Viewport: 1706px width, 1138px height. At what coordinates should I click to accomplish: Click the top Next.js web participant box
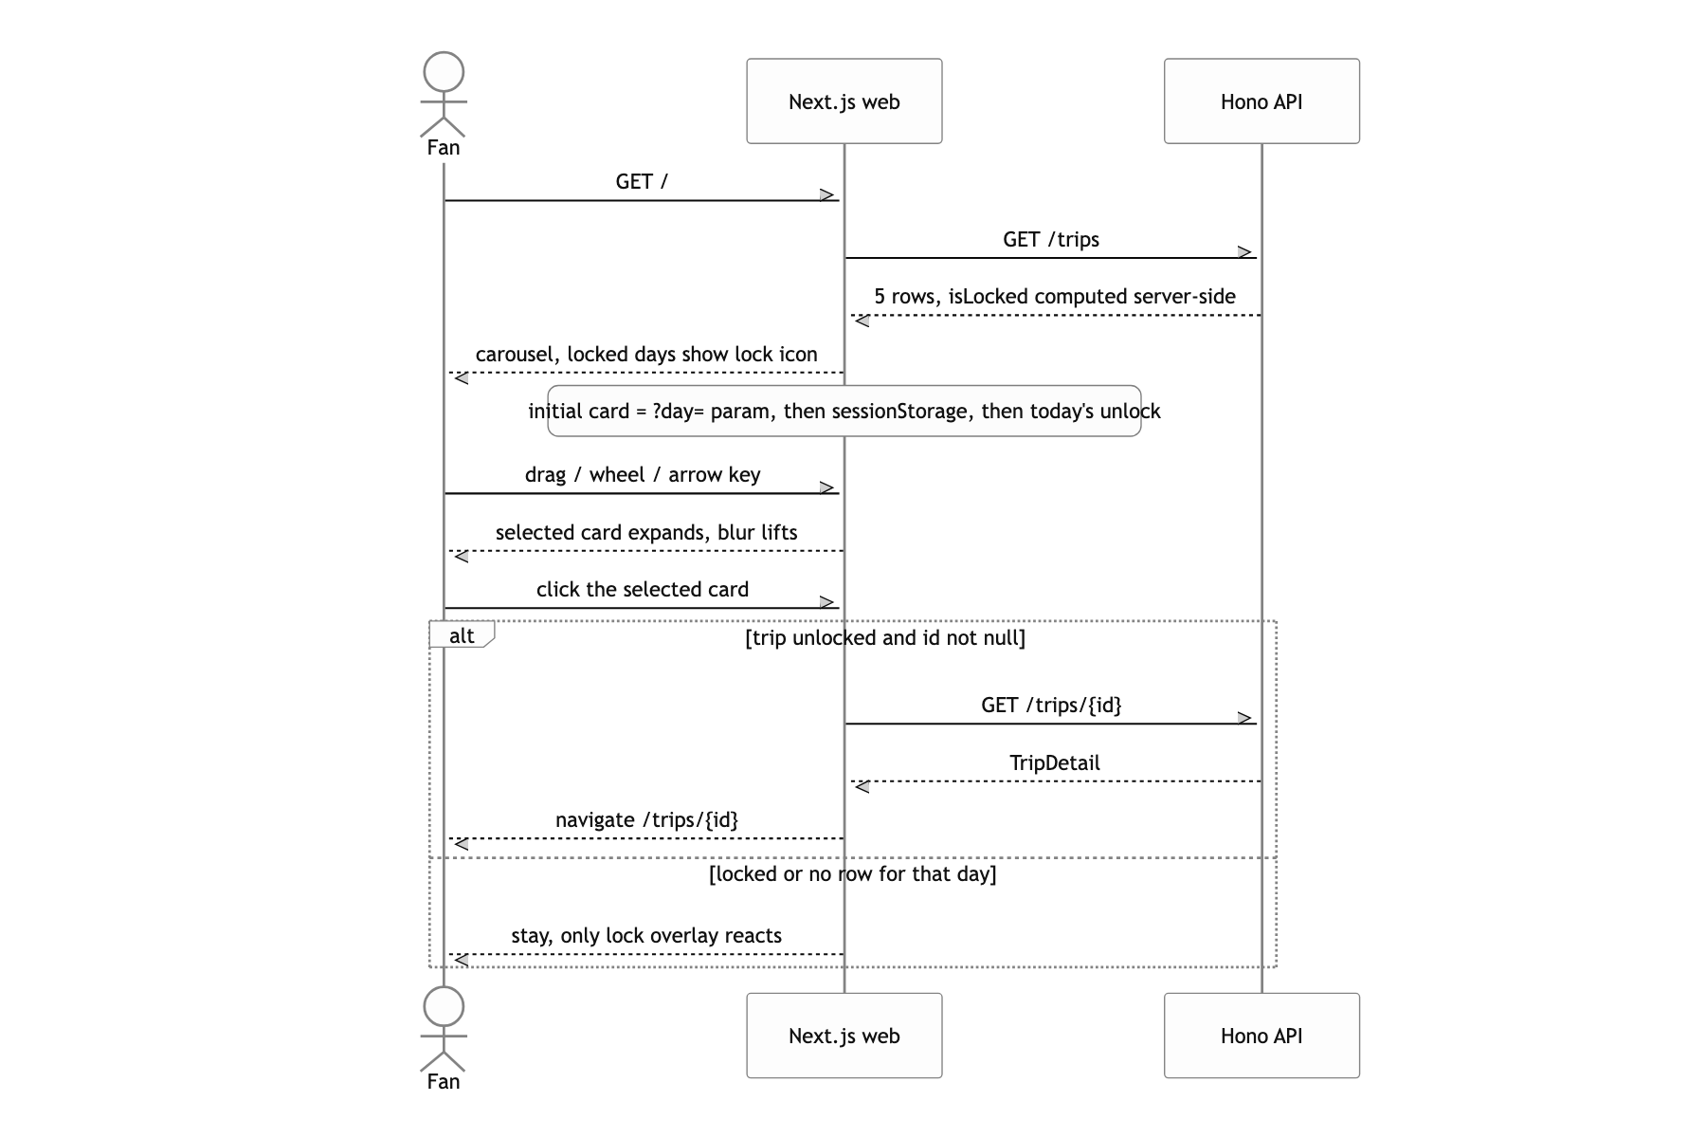point(844,101)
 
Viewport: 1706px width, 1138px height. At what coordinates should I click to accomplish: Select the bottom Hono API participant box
point(1261,1036)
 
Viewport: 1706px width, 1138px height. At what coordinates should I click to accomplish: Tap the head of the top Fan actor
point(444,72)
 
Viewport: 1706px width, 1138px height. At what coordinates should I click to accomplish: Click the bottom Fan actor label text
point(444,1082)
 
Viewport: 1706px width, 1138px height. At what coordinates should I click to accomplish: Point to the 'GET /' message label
point(642,182)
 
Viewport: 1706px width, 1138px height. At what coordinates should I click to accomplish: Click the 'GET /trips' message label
point(1051,240)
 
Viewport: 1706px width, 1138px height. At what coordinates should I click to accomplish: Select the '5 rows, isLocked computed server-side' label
point(1055,297)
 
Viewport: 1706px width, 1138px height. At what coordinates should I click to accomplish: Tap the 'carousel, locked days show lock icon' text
point(646,355)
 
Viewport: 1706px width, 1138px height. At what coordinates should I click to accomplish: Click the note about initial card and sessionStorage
point(844,411)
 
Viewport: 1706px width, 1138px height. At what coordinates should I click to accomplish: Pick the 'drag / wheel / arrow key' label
point(643,475)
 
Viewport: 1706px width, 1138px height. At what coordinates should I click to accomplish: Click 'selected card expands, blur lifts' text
point(646,533)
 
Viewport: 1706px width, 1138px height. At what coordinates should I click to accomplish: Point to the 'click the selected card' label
point(643,590)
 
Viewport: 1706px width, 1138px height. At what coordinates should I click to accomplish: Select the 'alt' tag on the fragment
point(462,635)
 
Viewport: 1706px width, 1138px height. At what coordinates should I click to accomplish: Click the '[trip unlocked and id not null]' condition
point(885,638)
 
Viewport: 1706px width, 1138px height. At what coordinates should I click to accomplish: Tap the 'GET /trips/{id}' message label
point(1051,706)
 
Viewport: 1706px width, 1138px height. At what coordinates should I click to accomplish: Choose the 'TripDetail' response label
point(1055,763)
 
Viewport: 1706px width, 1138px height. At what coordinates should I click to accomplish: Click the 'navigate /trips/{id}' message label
point(646,820)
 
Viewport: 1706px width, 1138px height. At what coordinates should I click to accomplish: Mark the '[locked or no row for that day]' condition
point(853,874)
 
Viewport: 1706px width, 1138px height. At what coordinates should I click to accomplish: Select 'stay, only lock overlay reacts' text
point(646,936)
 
